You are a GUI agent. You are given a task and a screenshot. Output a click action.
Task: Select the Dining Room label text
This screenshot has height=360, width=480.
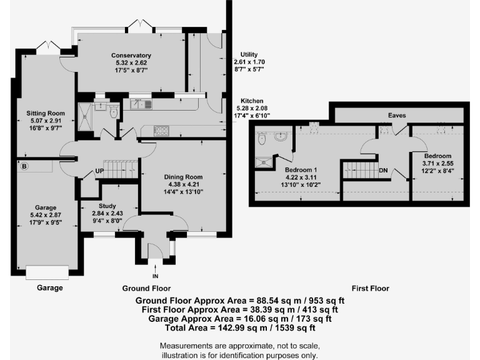click(x=184, y=177)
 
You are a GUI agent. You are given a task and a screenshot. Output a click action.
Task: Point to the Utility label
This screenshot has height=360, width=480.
click(x=244, y=55)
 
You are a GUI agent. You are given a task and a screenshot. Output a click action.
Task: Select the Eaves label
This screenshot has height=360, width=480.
click(x=397, y=116)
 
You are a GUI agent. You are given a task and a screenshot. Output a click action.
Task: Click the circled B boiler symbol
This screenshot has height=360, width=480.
click(x=25, y=166)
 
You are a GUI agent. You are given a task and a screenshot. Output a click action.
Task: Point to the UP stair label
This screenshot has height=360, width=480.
click(x=99, y=170)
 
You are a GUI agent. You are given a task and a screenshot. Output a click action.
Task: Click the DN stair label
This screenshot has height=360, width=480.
click(x=383, y=170)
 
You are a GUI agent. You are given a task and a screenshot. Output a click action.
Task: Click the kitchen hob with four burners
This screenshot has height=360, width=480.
click(x=161, y=131)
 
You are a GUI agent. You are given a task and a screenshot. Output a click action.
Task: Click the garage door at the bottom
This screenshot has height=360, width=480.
click(x=47, y=273)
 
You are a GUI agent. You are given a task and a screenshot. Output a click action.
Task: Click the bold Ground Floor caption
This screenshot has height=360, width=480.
click(x=146, y=289)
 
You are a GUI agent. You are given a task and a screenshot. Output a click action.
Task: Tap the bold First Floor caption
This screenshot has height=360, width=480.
click(x=370, y=289)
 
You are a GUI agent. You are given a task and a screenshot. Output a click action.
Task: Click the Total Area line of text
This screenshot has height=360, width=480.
click(x=240, y=327)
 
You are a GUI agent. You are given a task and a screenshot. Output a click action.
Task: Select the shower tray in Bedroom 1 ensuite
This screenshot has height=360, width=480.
click(x=264, y=162)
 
